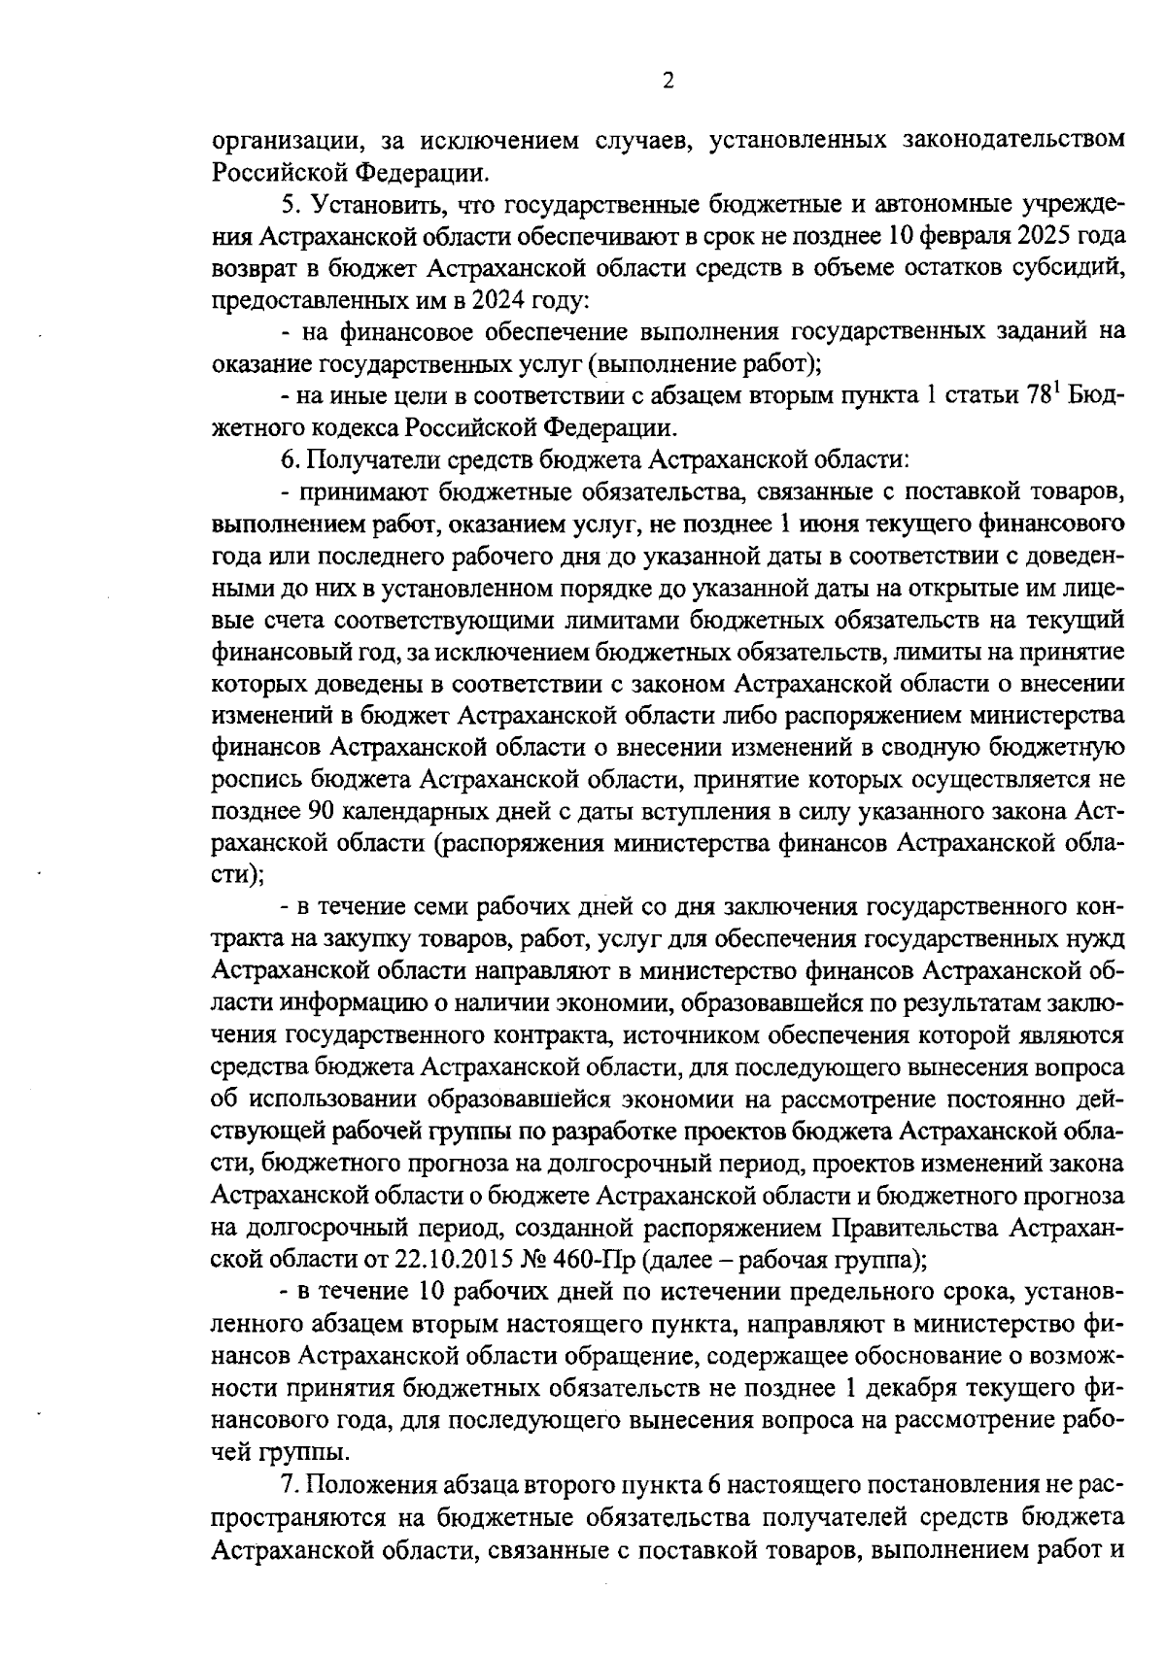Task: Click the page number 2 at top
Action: pos(668,82)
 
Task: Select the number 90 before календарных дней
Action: pos(321,812)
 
